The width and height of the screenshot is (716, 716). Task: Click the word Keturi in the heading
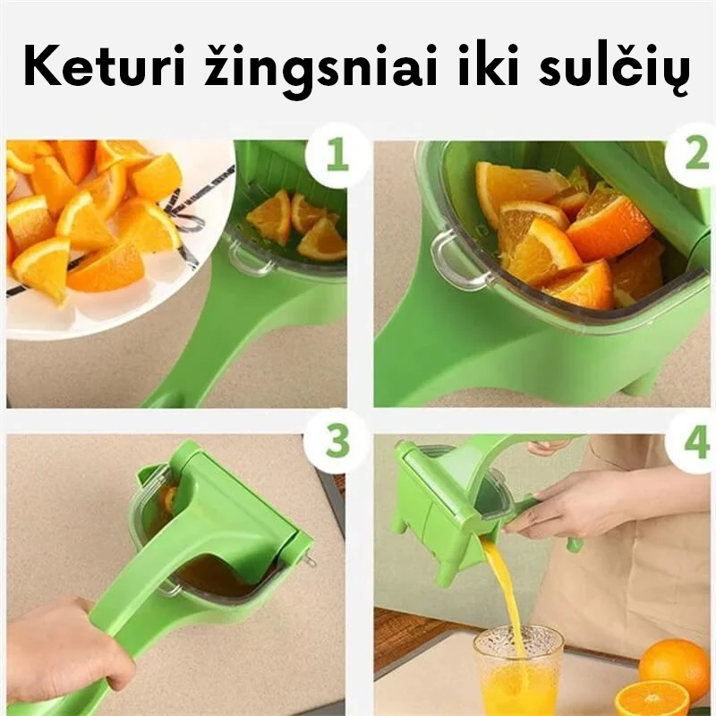(x=104, y=66)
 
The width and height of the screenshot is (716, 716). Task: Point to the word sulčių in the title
(x=614, y=70)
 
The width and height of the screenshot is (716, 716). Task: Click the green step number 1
(x=338, y=155)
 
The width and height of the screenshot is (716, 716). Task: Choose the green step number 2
(x=697, y=154)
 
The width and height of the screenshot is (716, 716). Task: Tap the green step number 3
(x=337, y=441)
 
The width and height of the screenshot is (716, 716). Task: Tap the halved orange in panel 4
(x=652, y=699)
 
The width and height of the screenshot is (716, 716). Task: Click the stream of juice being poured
(x=503, y=593)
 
